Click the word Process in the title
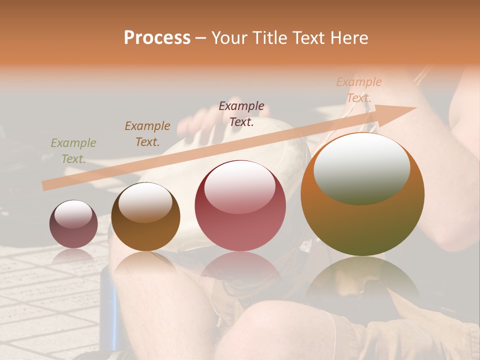click(x=157, y=37)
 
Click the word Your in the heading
click(x=231, y=37)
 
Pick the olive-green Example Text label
click(x=73, y=150)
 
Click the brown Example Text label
click(x=147, y=133)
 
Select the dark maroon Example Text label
click(x=241, y=113)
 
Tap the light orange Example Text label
click(x=358, y=89)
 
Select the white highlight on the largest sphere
click(x=361, y=167)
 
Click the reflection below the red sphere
click(x=240, y=270)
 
